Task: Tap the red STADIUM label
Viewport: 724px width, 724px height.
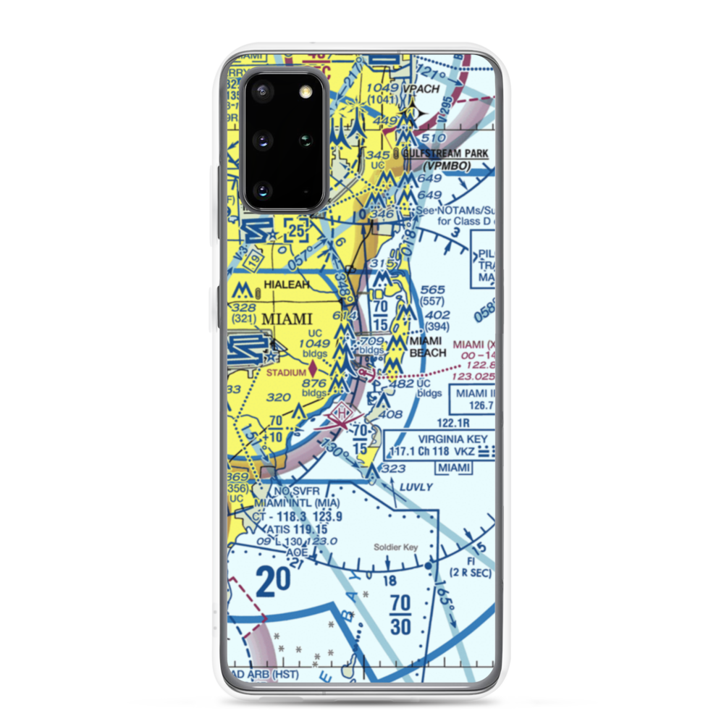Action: coord(286,373)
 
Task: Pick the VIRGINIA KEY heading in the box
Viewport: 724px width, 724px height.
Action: coord(456,438)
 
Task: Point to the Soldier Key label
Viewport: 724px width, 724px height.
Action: coord(394,548)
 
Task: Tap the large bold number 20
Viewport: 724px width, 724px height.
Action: coord(273,581)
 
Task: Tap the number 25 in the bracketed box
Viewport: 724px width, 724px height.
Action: coord(296,231)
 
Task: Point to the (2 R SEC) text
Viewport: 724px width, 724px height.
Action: coord(471,573)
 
